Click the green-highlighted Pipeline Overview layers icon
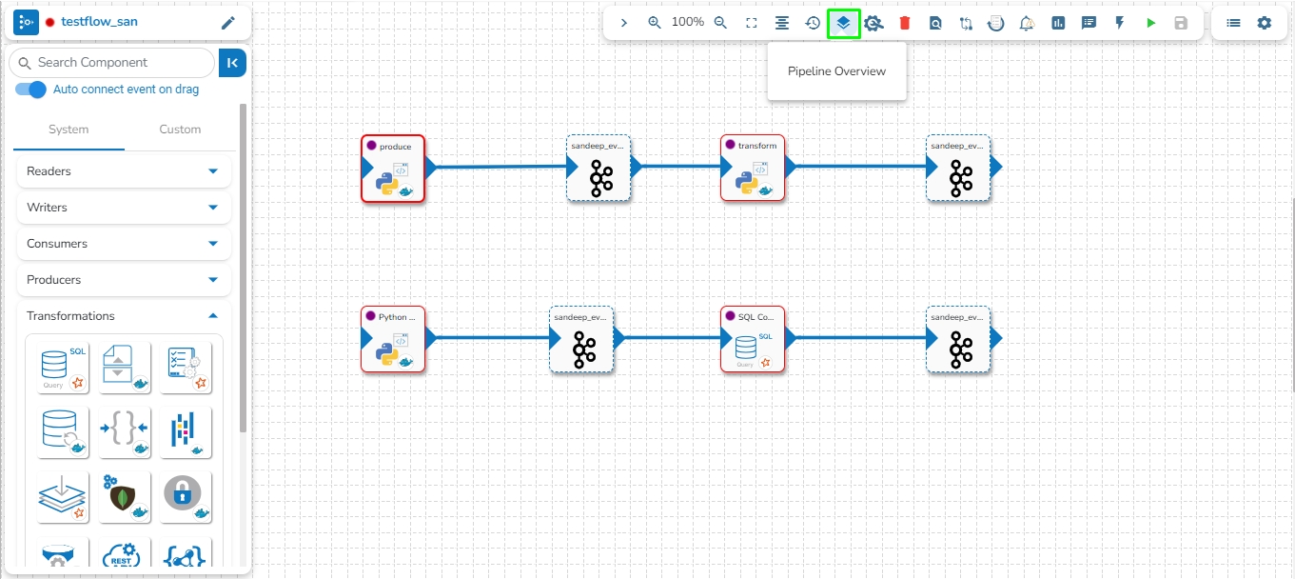(x=843, y=23)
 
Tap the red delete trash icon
(x=905, y=23)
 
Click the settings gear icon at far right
(x=1264, y=23)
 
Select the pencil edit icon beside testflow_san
(x=227, y=23)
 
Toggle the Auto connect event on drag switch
(x=31, y=90)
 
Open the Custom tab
(x=180, y=130)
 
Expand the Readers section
(x=124, y=171)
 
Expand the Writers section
(x=124, y=208)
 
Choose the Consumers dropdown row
(x=124, y=244)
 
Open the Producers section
(x=124, y=280)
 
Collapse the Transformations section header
(x=124, y=316)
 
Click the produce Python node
(x=393, y=169)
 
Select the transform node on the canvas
(x=753, y=169)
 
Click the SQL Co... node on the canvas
(x=753, y=340)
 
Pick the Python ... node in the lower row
(x=393, y=340)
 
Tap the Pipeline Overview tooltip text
(x=836, y=71)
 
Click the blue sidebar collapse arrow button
(x=232, y=63)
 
